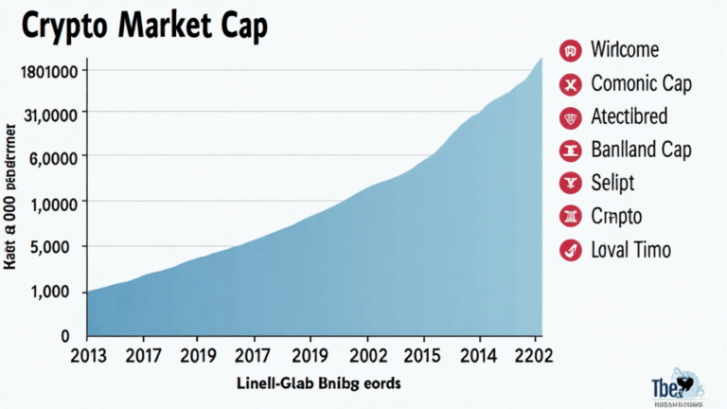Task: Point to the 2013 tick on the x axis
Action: pos(90,356)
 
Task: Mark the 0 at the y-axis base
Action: pos(65,336)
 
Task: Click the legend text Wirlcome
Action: pos(625,49)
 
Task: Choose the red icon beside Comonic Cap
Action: pos(570,84)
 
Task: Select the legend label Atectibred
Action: pos(629,116)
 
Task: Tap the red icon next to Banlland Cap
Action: pos(570,150)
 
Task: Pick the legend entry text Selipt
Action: pos(612,183)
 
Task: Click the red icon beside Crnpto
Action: pos(570,217)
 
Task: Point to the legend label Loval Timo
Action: pos(630,250)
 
